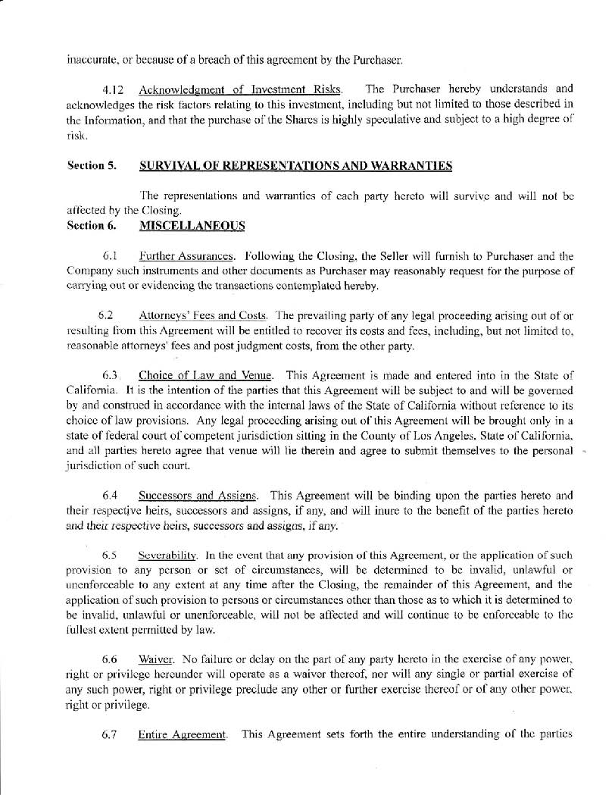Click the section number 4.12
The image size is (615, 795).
point(114,90)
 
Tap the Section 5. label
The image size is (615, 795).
point(92,165)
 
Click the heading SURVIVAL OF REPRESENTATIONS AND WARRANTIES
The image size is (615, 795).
point(296,165)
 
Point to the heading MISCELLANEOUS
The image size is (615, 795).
point(192,225)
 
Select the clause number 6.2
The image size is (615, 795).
point(107,315)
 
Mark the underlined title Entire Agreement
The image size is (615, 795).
point(183,734)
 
